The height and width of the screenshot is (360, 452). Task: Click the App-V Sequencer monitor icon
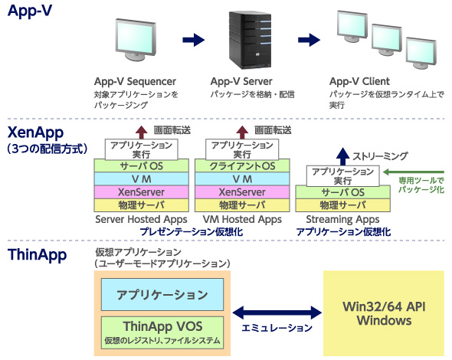tap(136, 40)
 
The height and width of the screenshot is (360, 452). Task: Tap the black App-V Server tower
tap(251, 40)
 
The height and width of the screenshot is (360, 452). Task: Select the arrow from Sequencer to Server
tap(193, 40)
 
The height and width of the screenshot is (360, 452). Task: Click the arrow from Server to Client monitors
tap(309, 40)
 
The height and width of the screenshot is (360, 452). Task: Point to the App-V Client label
tap(359, 81)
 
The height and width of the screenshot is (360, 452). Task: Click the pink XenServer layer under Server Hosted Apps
tap(141, 192)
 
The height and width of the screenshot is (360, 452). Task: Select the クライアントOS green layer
tap(242, 165)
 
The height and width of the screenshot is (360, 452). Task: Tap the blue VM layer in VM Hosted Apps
tap(242, 179)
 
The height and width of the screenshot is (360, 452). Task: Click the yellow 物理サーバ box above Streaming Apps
tap(342, 205)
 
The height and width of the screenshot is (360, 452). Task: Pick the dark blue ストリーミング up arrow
tap(342, 156)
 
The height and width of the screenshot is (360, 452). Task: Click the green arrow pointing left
tap(414, 172)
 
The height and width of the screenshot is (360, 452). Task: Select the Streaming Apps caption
tap(342, 219)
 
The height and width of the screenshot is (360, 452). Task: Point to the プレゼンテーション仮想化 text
tap(192, 232)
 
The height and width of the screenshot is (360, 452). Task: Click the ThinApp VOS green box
tap(162, 332)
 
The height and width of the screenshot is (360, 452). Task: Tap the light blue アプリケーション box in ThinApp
tap(162, 295)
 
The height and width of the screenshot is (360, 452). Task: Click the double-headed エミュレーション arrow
tap(277, 313)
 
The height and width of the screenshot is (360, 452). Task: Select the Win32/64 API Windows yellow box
tap(384, 313)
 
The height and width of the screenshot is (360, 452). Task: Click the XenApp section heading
tap(35, 133)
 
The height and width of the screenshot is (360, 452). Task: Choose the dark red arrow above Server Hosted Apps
tap(141, 133)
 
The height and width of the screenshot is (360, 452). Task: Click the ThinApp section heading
tap(38, 255)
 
